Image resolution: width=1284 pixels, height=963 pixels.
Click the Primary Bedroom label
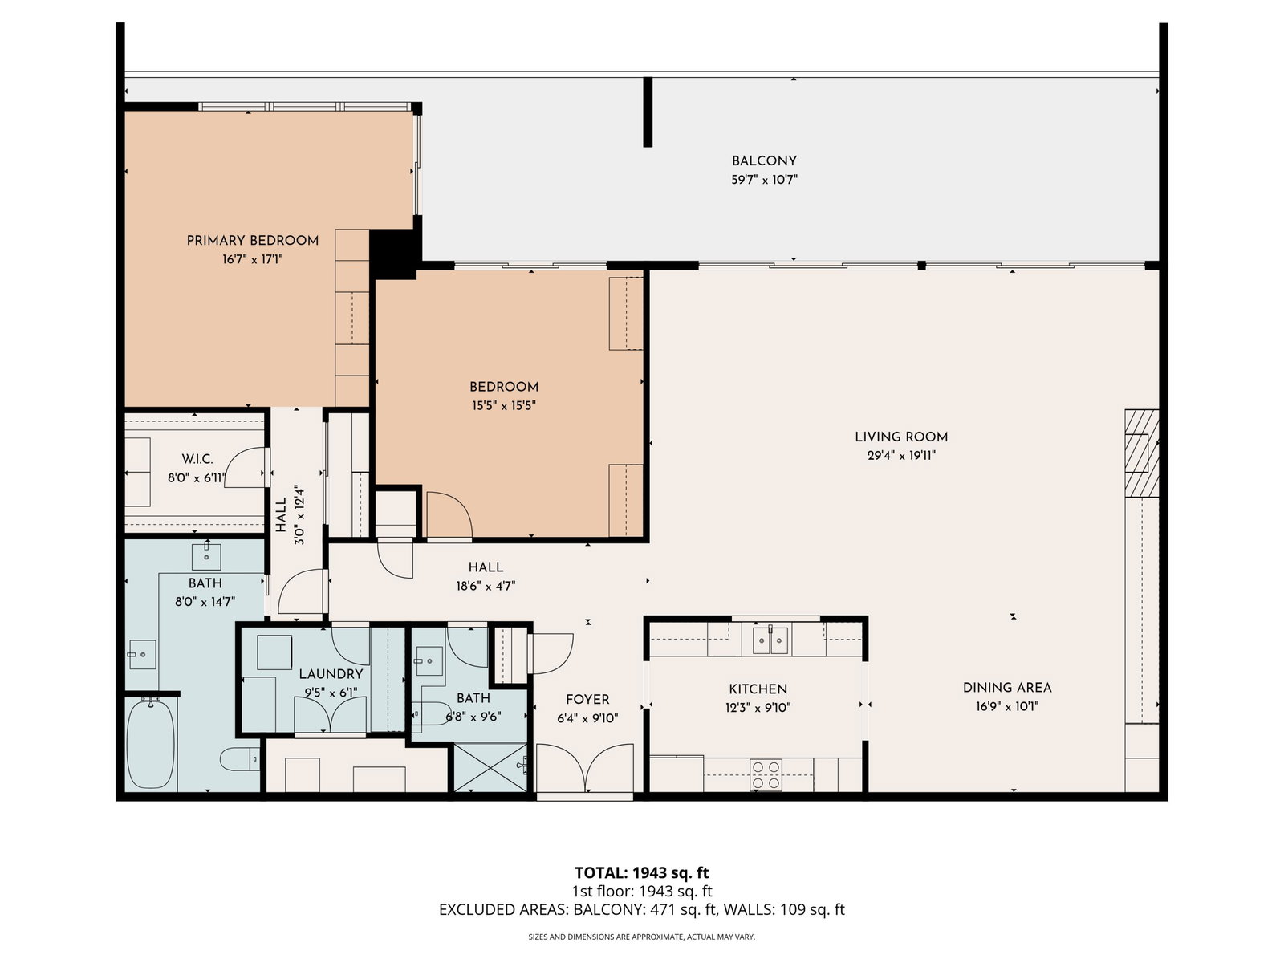pos(252,240)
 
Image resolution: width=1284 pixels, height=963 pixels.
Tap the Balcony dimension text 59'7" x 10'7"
pos(764,180)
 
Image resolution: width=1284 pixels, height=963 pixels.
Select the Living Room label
pos(901,437)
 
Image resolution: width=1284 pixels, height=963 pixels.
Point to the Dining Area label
pos(1006,688)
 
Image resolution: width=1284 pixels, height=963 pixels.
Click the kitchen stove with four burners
pos(766,774)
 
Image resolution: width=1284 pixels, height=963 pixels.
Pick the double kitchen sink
pos(770,640)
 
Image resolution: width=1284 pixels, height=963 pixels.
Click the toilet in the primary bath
pos(240,759)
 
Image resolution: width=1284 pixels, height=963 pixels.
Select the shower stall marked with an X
pos(490,768)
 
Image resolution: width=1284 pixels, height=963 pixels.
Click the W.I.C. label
pos(197,459)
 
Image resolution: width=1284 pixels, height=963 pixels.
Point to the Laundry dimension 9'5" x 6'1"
pos(331,693)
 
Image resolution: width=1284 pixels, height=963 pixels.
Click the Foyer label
pos(587,699)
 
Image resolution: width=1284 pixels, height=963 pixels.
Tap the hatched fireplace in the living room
pos(1141,453)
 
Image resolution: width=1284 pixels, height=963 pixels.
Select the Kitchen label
pos(758,689)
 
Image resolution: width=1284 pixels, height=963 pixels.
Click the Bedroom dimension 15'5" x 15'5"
pos(504,406)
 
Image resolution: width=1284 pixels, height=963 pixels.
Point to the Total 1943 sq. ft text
pos(642,873)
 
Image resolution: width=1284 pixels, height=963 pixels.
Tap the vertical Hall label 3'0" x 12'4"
pos(291,514)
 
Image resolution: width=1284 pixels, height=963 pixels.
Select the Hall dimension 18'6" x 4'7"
pos(486,586)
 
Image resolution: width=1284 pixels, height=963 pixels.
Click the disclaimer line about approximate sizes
pos(642,937)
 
